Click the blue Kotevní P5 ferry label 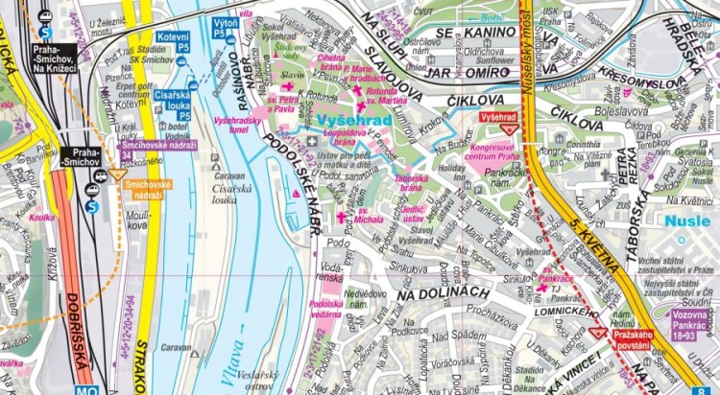click(x=173, y=41)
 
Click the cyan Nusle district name click(x=692, y=221)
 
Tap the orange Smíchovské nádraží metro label click(x=141, y=189)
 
